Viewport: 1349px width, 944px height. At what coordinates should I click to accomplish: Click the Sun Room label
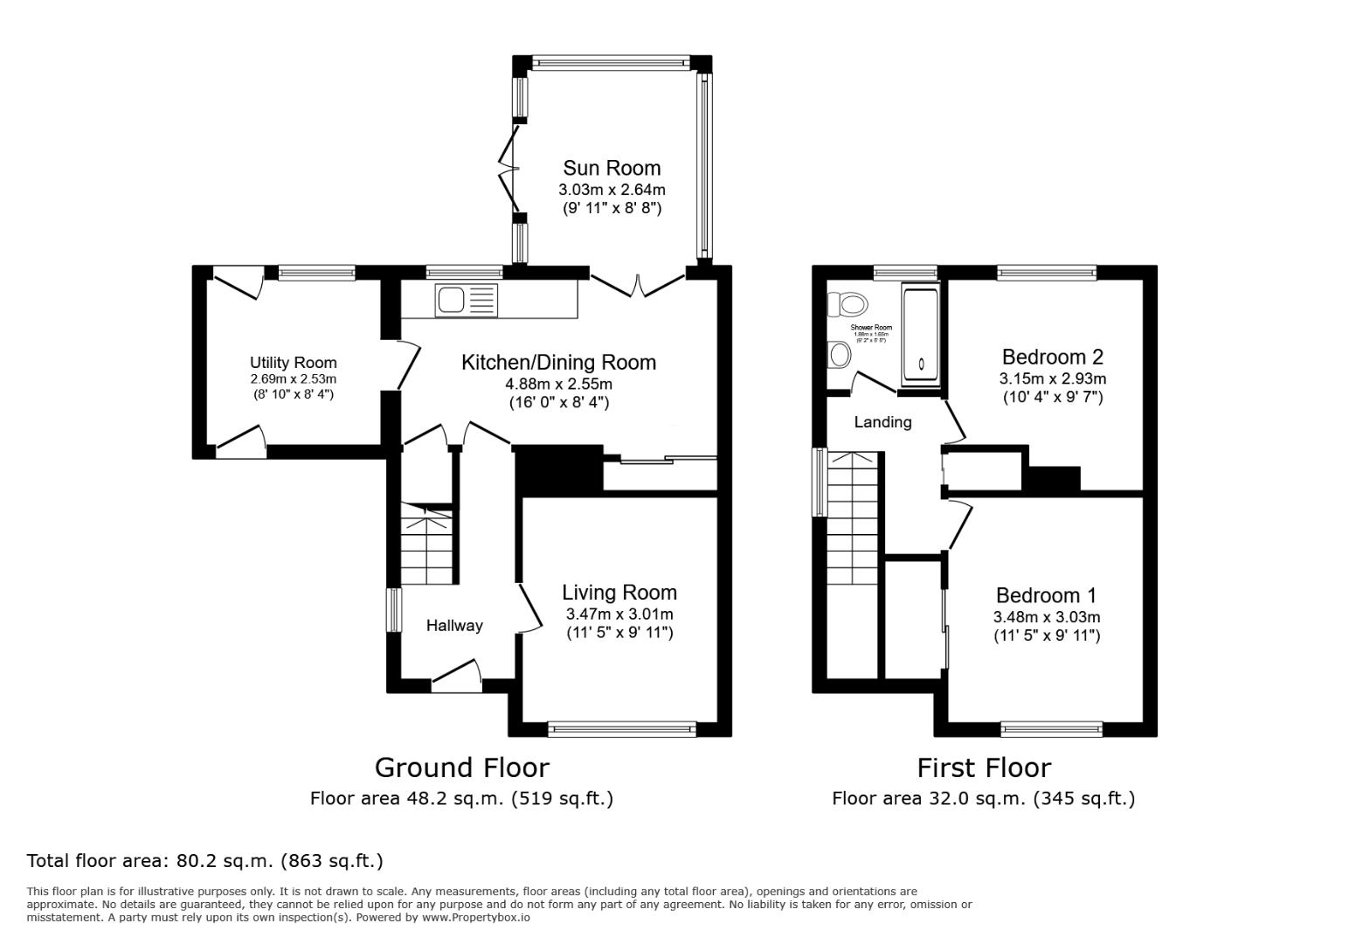[612, 168]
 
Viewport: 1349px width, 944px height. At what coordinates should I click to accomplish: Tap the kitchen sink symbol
[465, 300]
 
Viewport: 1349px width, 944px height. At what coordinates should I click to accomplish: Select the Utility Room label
[293, 363]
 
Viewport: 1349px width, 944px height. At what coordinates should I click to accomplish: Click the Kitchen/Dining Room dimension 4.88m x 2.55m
[558, 384]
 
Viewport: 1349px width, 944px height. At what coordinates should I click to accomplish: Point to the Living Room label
[619, 593]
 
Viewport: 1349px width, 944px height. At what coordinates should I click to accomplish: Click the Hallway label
[454, 625]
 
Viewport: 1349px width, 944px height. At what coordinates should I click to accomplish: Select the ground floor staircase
[427, 545]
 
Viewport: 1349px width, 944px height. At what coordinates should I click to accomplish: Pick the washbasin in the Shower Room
[839, 355]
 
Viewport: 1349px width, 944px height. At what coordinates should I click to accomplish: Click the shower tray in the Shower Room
[920, 336]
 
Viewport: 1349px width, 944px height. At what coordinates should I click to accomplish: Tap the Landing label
[882, 422]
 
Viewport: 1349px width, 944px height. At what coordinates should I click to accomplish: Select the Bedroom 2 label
[1052, 357]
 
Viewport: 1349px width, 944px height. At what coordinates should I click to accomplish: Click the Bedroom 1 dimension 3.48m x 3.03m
[1046, 616]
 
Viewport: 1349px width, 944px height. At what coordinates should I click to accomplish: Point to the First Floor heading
[983, 767]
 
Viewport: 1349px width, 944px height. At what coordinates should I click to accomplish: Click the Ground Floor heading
[461, 767]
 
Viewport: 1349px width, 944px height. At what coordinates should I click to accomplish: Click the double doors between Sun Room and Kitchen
[638, 281]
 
